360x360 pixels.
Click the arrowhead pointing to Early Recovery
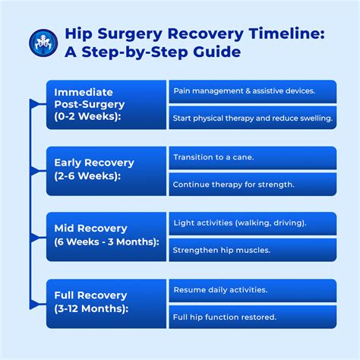43,169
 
